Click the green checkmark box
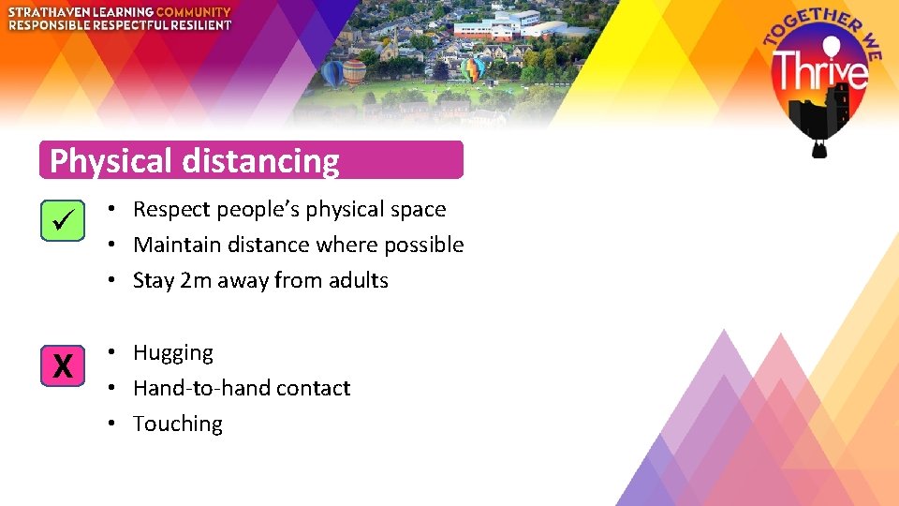point(63,221)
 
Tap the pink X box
point(63,365)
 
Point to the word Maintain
point(174,245)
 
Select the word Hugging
point(173,353)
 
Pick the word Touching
point(178,424)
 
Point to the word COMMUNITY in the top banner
point(194,12)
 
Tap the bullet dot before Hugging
point(111,352)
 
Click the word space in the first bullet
point(419,210)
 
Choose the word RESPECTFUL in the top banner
point(128,25)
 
